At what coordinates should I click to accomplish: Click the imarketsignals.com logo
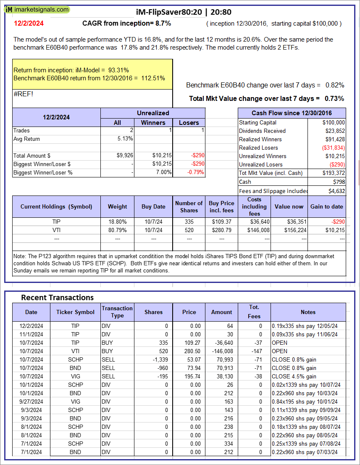(x=37, y=9)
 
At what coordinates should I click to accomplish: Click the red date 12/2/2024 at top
(x=28, y=24)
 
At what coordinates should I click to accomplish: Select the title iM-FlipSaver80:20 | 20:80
(x=184, y=12)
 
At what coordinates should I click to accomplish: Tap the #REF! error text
(x=24, y=94)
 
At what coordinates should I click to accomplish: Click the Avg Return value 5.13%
(x=126, y=139)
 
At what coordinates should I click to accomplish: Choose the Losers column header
(x=189, y=122)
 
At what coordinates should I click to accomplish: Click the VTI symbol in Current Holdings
(x=56, y=230)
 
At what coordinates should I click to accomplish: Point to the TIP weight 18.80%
(x=118, y=222)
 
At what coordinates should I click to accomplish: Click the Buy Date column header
(x=153, y=206)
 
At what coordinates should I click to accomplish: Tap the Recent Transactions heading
(x=57, y=297)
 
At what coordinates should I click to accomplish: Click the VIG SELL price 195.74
(x=189, y=376)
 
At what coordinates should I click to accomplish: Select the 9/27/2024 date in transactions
(x=31, y=402)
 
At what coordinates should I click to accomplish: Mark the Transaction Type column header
(x=117, y=312)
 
